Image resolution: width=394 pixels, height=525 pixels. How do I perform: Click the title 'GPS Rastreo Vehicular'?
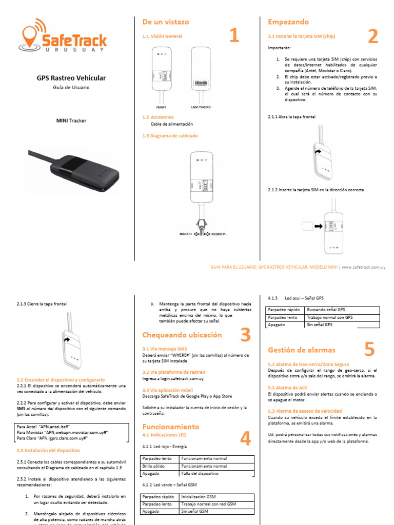pyautogui.click(x=71, y=78)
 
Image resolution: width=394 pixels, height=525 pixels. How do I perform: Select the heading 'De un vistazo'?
pyautogui.click(x=165, y=22)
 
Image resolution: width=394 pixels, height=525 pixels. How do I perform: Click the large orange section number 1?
pyautogui.click(x=234, y=36)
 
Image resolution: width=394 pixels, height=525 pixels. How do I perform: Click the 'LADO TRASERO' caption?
pyautogui.click(x=201, y=108)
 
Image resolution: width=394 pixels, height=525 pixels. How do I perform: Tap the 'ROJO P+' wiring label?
pyautogui.click(x=186, y=233)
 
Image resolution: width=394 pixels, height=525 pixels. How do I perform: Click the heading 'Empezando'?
pyautogui.click(x=288, y=22)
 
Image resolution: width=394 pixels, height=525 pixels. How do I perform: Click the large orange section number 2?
pyautogui.click(x=373, y=36)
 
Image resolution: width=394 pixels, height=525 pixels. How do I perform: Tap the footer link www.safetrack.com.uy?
pyautogui.click(x=363, y=267)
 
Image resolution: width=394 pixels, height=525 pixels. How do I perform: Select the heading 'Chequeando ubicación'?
pyautogui.click(x=182, y=335)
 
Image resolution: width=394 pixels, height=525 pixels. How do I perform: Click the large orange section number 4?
pyautogui.click(x=245, y=438)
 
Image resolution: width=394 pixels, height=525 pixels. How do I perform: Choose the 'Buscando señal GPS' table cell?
pyautogui.click(x=326, y=310)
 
